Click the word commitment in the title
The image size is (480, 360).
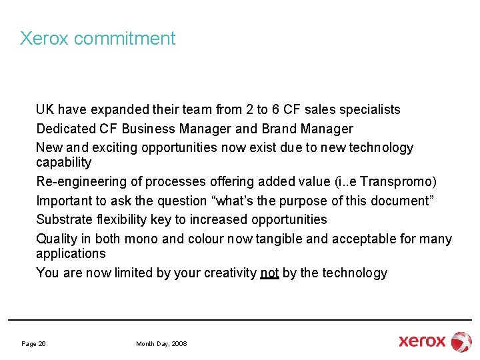pos(125,39)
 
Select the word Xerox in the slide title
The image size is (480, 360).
pos(44,39)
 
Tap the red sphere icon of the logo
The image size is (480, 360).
pos(461,341)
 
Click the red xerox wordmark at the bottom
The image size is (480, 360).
pos(422,341)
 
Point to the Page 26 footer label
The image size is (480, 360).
pos(33,343)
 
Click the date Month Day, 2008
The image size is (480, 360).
pos(161,343)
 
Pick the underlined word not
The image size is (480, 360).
pos(269,273)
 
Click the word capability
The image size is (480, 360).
pos(63,163)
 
